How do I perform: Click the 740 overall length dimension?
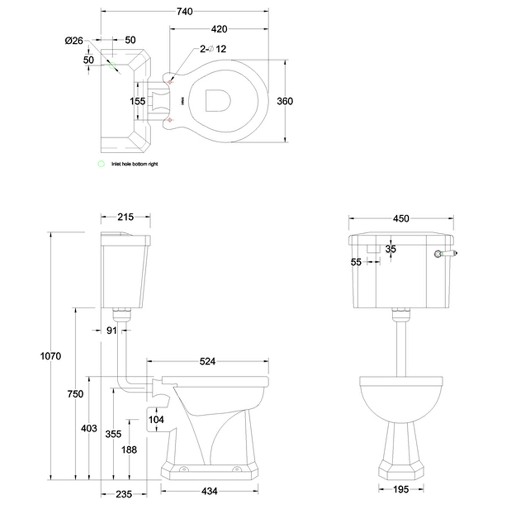tap(184, 11)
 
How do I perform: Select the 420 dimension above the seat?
tap(219, 29)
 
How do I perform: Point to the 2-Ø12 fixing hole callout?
tap(213, 49)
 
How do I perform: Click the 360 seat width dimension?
tap(285, 101)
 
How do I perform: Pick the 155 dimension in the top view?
tap(138, 101)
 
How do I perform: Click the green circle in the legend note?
tap(101, 164)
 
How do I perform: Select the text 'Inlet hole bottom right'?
tap(134, 164)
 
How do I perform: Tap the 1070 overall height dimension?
tap(51, 356)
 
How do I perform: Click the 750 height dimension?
tap(76, 394)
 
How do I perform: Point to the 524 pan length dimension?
tap(207, 361)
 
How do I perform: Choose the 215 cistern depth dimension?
tap(125, 217)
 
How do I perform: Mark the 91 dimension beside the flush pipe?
tap(111, 330)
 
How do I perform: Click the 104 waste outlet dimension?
tap(156, 420)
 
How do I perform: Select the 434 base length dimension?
tap(210, 491)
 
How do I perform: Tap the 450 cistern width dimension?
tap(401, 218)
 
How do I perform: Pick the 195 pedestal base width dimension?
tap(401, 489)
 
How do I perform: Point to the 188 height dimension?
tap(129, 449)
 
